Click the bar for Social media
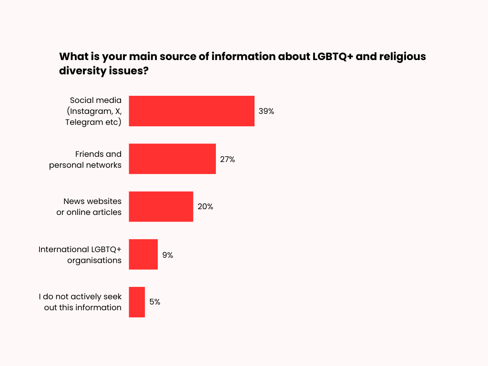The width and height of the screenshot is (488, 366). [x=192, y=111]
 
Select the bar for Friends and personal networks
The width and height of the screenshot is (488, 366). [x=172, y=159]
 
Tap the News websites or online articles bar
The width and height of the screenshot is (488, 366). [x=161, y=206]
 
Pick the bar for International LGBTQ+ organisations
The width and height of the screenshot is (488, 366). [x=143, y=254]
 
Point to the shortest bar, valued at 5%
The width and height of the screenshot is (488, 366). [x=137, y=302]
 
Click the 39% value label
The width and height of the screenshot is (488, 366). [x=266, y=111]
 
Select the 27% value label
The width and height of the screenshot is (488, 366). [x=227, y=159]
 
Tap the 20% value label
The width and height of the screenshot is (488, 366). [x=205, y=207]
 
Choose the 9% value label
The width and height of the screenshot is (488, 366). [x=168, y=255]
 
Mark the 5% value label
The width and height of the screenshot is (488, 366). [x=154, y=302]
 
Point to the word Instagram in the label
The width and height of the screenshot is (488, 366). [x=89, y=111]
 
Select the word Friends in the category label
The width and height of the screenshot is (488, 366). [x=89, y=154]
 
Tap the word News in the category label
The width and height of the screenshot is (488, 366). [x=74, y=201]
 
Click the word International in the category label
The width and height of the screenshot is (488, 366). [x=63, y=249]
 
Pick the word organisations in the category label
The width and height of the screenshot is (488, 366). [x=94, y=260]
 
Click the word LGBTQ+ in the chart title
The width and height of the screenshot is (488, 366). [x=331, y=56]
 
